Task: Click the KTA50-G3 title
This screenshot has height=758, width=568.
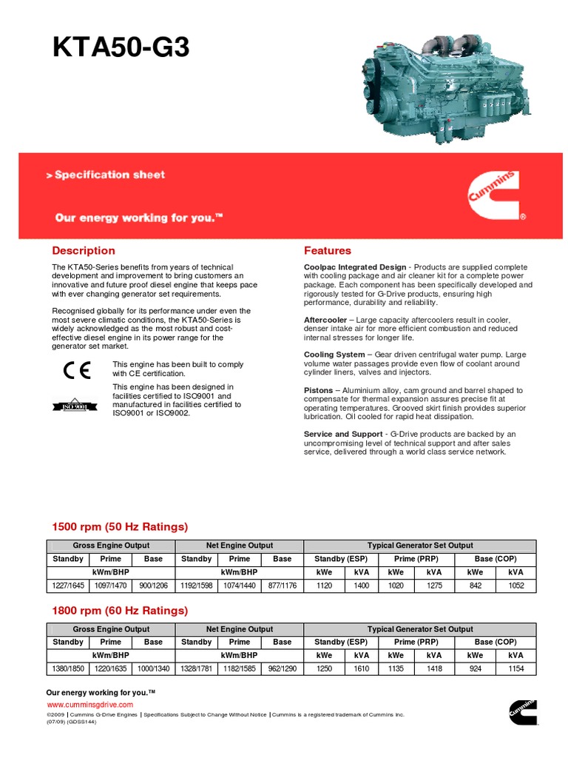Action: [x=121, y=48]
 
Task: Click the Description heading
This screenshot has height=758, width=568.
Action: [x=83, y=251]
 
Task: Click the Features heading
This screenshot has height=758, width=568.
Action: [x=328, y=251]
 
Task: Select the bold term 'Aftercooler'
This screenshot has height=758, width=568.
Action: [x=325, y=320]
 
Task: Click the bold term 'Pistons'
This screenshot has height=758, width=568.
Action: [x=318, y=390]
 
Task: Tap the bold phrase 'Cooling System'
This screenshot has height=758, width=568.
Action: [x=334, y=355]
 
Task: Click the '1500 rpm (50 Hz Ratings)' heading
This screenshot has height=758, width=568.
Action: [x=120, y=527]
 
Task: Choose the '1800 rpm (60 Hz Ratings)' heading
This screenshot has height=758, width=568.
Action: [x=120, y=611]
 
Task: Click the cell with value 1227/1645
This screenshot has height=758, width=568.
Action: [x=68, y=586]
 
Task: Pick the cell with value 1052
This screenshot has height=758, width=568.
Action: [x=515, y=586]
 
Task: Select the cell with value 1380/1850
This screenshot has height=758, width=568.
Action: [x=68, y=669]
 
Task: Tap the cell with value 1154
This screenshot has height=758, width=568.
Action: [x=515, y=669]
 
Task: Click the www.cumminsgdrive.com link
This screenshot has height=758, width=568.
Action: [x=90, y=704]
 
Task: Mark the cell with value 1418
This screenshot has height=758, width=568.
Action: [x=434, y=669]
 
